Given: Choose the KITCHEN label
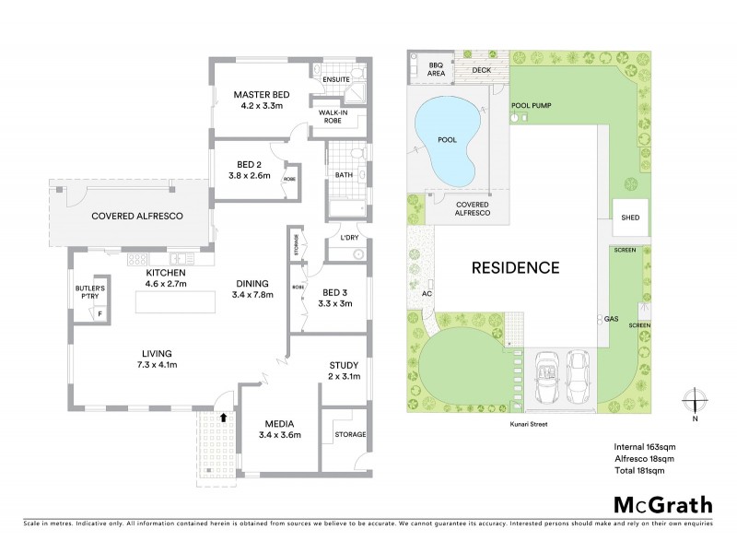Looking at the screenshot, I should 166,273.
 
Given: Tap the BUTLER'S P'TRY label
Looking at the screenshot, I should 90,293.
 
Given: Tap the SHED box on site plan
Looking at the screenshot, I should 630,218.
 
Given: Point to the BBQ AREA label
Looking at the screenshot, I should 438,69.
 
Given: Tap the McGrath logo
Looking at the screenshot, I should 663,504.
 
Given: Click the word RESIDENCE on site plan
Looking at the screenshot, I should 516,268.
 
